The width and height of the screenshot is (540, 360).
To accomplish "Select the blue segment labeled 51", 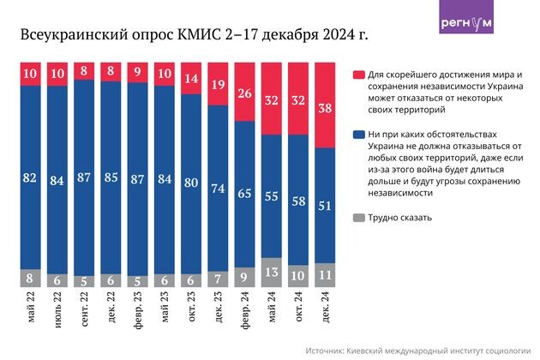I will [326, 205].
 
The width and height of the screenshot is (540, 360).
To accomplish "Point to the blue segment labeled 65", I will [244, 195].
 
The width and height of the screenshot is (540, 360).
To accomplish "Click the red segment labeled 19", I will [218, 84].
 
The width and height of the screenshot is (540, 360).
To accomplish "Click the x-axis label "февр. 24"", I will [244, 312].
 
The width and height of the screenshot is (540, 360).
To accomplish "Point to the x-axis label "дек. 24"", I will [326, 308].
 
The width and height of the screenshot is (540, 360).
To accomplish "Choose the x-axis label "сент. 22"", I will [86, 311].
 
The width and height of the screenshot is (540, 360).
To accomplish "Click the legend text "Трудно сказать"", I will [400, 218].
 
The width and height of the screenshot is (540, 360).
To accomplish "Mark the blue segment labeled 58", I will [298, 199].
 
